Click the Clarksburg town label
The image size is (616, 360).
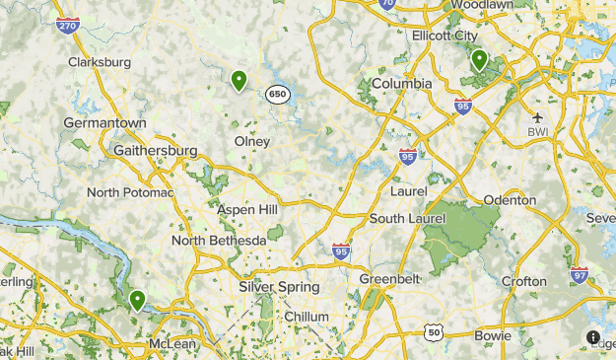tap(100, 62)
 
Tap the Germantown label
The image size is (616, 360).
tap(104, 123)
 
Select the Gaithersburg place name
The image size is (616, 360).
tap(156, 150)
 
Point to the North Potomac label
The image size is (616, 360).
tap(130, 192)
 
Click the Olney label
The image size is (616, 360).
tap(251, 141)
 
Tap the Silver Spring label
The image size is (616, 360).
tap(279, 287)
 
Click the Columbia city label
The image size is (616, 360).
tap(401, 84)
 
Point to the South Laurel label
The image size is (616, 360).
tap(403, 218)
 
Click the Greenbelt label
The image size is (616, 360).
tap(388, 279)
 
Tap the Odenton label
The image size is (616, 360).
tap(510, 200)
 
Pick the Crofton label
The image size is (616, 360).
tap(522, 281)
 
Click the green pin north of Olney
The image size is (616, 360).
tap(239, 81)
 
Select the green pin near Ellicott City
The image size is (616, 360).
tap(479, 60)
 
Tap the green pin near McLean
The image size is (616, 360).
tap(137, 299)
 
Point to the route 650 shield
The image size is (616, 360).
tap(278, 95)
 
